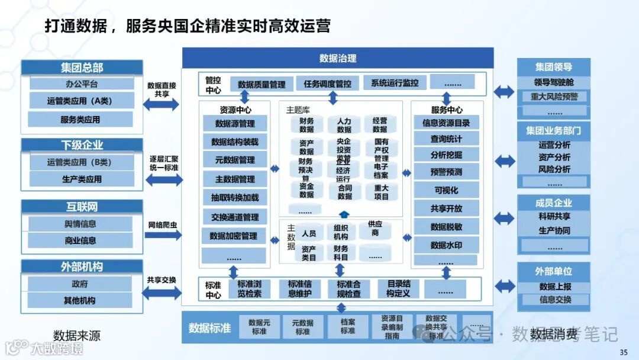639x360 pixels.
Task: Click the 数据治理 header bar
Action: point(337,58)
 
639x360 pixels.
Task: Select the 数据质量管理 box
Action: point(262,85)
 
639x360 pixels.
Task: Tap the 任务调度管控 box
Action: point(327,83)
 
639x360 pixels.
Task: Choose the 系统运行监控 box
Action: point(394,83)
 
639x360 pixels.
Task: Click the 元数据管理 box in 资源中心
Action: point(235,160)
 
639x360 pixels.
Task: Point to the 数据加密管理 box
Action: point(233,236)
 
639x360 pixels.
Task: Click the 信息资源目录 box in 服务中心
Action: point(446,123)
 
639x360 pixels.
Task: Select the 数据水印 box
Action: point(446,245)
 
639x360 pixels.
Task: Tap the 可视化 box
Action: point(446,191)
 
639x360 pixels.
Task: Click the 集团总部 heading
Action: point(82,67)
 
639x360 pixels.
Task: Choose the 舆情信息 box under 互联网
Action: point(80,224)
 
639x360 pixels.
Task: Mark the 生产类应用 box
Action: point(82,179)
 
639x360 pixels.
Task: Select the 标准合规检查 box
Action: point(345,289)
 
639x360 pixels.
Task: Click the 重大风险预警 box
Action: point(554,97)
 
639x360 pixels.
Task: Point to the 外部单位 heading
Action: point(553,271)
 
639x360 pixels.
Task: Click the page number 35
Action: point(624,353)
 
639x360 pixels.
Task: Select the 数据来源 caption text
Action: point(77,336)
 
